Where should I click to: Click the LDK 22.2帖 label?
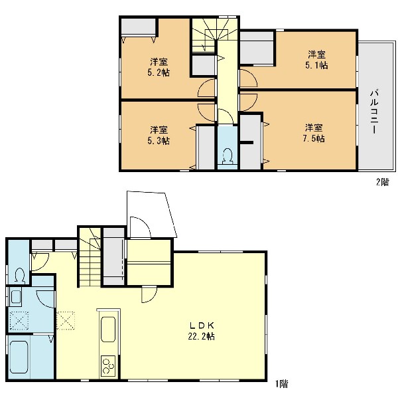coord(201,331)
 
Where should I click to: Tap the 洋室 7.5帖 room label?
coord(314,133)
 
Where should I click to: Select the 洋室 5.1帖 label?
coord(316,60)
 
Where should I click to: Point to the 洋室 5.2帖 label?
coord(159,67)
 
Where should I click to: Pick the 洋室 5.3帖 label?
coord(159,136)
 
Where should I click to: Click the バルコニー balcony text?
coord(374,112)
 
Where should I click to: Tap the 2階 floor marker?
coord(382,182)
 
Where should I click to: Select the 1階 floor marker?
coord(282,383)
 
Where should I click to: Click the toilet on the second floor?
coord(228,156)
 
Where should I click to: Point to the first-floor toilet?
coord(20,276)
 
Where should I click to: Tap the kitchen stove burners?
coord(108,365)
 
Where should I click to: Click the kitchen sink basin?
coord(108,330)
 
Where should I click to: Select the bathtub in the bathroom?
coord(19,357)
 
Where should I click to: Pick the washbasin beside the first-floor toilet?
coord(16,297)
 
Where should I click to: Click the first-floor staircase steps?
coord(90,256)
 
